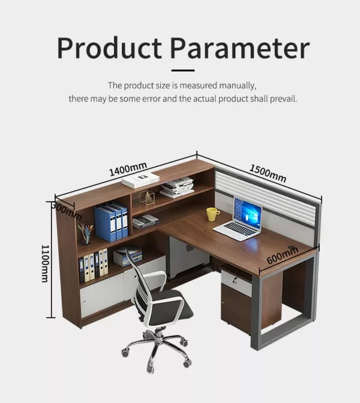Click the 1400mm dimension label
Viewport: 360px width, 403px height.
pos(128,169)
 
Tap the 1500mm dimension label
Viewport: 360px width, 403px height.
pos(268,173)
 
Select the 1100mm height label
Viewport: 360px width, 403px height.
pos(45,264)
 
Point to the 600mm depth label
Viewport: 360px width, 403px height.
pos(282,255)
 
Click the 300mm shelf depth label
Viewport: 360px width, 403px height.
pos(67,211)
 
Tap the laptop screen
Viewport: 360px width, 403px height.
pos(248,210)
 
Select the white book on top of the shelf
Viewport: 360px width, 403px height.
pos(141,180)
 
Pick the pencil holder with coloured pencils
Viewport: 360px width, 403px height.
pos(86,234)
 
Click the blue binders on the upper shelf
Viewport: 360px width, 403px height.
pos(111,222)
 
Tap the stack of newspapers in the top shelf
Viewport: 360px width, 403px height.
pos(177,187)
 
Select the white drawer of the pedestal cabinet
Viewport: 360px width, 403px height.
pos(236,281)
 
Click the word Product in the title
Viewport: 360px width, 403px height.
pos(109,48)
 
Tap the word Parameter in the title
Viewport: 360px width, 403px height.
pos(240,48)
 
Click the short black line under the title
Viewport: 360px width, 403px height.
pos(183,70)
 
